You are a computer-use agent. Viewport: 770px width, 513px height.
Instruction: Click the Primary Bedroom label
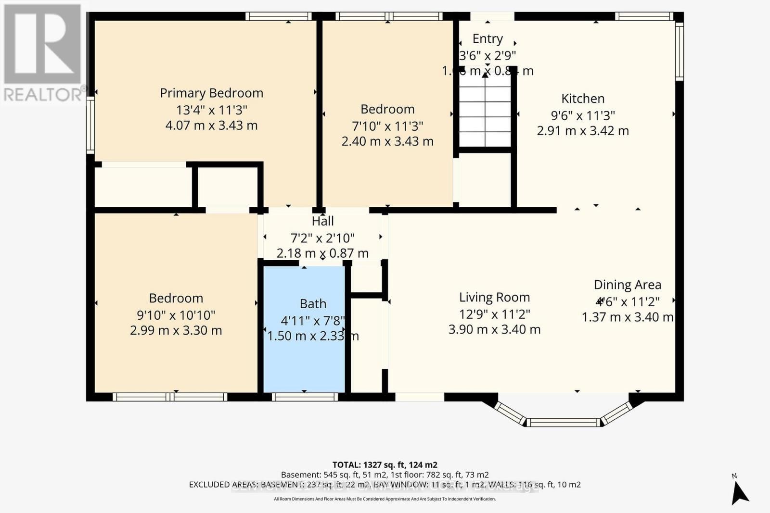tap(211, 93)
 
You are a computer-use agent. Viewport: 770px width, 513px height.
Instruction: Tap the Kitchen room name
tap(582, 99)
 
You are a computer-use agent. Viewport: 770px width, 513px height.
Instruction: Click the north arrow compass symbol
tap(740, 491)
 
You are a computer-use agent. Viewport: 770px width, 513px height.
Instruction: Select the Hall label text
tap(322, 221)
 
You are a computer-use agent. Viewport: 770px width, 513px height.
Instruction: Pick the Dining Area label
tap(627, 285)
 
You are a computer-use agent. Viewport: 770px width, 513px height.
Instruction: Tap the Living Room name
tap(494, 298)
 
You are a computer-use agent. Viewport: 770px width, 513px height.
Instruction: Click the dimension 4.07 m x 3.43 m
tap(211, 125)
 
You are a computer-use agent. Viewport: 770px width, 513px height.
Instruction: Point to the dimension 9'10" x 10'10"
tap(176, 315)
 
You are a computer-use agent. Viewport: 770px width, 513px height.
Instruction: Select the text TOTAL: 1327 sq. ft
tap(385, 465)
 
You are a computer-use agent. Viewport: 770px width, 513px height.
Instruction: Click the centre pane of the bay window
tap(563, 423)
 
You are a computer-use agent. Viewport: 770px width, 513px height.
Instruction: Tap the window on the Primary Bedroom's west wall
tap(90, 125)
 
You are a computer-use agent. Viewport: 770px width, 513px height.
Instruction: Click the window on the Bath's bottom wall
tap(305, 397)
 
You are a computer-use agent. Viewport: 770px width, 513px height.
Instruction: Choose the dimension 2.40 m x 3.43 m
tap(387, 141)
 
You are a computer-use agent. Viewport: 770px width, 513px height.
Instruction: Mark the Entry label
tap(488, 38)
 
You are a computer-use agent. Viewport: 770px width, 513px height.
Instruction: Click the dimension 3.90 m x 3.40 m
tap(494, 329)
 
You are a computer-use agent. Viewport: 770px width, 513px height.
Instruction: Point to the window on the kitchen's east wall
tap(679, 50)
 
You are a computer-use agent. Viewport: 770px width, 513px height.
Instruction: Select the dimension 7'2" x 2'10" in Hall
tap(322, 238)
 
